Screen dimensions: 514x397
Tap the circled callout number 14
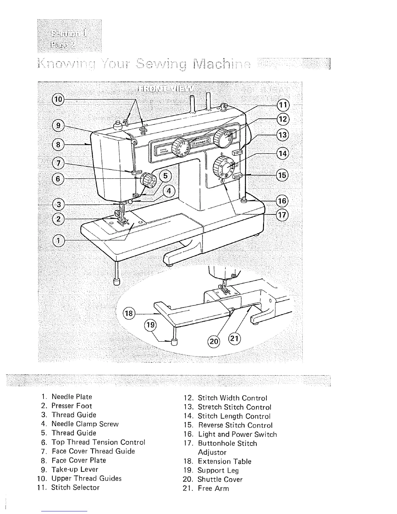point(283,153)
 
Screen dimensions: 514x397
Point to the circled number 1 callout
point(58,240)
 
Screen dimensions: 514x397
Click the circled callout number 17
point(283,214)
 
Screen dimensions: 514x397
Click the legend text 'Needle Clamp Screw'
point(85,424)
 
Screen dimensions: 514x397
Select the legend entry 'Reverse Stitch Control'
point(235,425)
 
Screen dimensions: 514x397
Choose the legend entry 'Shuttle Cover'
point(220,479)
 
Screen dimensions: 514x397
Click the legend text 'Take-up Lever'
point(75,469)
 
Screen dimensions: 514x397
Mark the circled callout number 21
point(234,339)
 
